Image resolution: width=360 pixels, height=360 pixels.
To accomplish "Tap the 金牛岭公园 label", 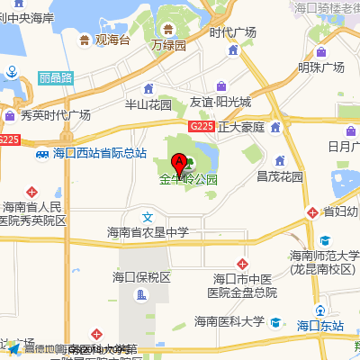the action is [189, 179].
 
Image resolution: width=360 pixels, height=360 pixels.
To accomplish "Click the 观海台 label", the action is [113, 40].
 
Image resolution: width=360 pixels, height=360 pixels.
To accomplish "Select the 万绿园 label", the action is [168, 44].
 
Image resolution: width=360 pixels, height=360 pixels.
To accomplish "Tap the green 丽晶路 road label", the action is [56, 79].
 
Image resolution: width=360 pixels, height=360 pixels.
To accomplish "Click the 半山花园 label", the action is [148, 103].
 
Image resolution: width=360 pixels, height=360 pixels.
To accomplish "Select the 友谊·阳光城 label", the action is [220, 103].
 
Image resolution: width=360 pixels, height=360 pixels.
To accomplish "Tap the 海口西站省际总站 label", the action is [100, 153].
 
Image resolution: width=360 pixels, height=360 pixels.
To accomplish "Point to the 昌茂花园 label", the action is [279, 175].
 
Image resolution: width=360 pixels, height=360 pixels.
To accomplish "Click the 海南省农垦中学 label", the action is [148, 232].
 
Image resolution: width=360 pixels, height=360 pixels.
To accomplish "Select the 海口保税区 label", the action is [141, 276].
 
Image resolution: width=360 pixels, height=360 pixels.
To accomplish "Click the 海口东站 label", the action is [321, 325].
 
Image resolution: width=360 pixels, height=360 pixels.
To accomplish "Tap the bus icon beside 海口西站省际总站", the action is [41, 153].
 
